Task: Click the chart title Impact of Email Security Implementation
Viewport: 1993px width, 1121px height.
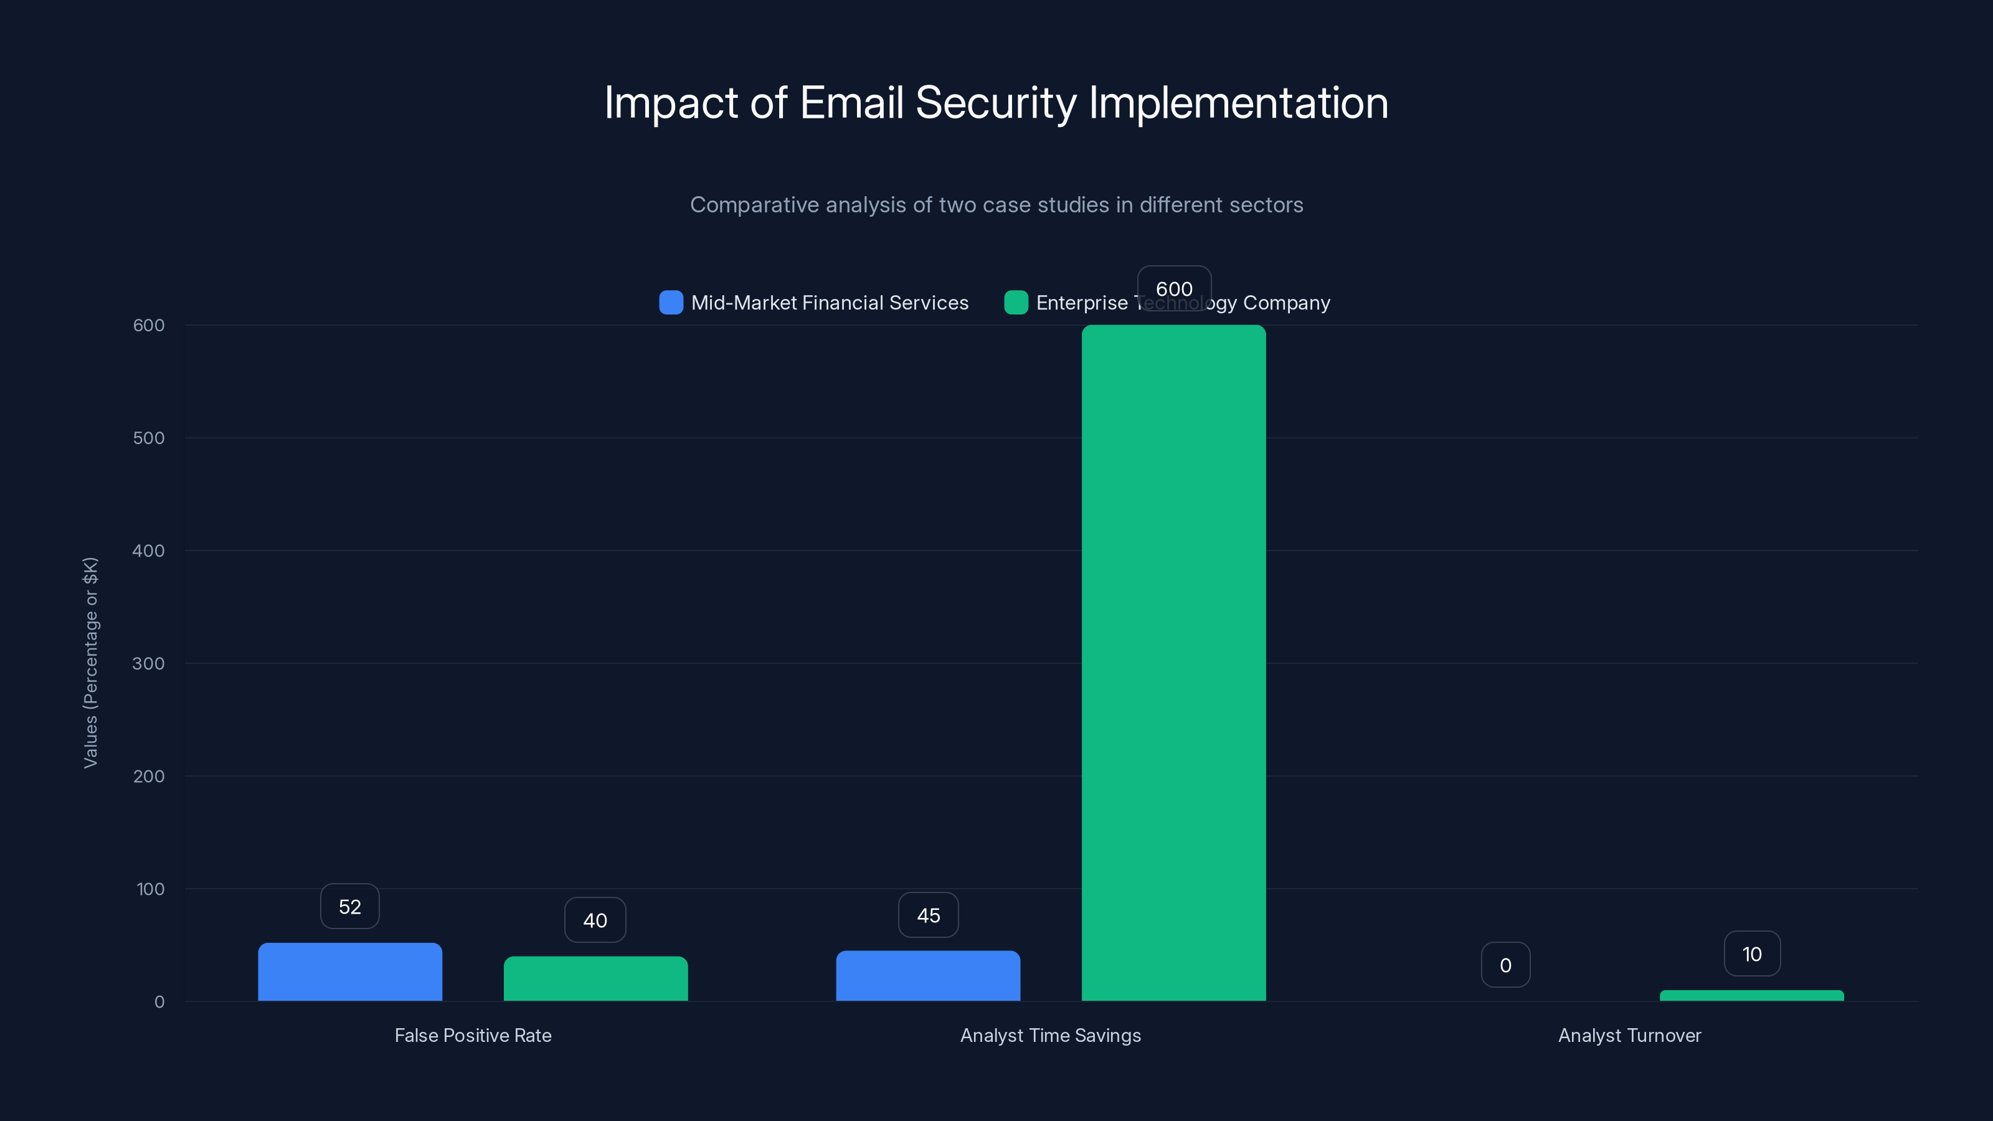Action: click(996, 103)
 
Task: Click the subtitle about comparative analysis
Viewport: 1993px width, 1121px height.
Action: click(996, 205)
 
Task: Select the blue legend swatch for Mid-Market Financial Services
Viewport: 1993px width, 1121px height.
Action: click(671, 303)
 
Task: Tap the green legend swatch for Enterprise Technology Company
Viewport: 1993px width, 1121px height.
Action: click(1016, 303)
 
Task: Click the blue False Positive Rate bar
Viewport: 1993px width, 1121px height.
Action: click(349, 972)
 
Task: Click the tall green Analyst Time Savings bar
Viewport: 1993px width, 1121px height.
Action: click(1173, 663)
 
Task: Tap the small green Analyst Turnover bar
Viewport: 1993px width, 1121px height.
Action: click(1751, 996)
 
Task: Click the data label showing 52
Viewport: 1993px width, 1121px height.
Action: click(349, 907)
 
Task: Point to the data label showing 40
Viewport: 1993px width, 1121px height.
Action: click(595, 920)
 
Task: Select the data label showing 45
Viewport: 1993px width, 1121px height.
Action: click(927, 915)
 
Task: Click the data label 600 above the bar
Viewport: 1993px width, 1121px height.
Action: click(1173, 288)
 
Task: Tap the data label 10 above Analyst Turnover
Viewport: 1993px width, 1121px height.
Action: click(1751, 954)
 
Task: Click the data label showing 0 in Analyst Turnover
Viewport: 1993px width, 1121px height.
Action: click(1505, 965)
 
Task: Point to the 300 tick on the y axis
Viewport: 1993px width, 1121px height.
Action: click(149, 664)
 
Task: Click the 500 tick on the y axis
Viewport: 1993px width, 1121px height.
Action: click(149, 438)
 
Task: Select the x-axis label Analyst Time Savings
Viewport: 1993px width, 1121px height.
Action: click(1050, 1035)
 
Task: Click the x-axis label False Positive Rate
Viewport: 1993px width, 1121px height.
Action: click(473, 1035)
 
